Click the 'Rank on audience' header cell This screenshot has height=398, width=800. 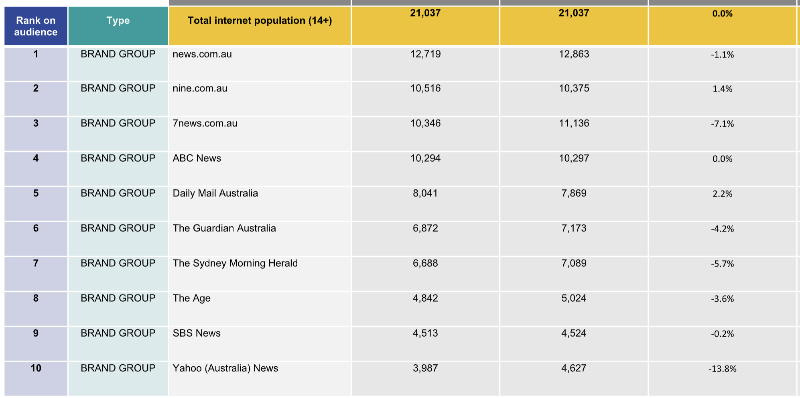pos(36,26)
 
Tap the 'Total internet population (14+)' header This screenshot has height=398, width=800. pos(260,20)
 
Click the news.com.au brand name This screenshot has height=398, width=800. pos(202,54)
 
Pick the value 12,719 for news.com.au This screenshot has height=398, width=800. pos(425,54)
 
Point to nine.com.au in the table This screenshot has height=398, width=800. pos(200,88)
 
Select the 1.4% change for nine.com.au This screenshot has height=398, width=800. pos(722,89)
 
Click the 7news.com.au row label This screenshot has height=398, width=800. pos(205,123)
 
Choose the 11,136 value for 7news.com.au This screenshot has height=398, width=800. pos(574,123)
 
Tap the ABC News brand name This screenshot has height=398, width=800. pos(197,158)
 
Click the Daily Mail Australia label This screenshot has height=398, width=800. pos(215,193)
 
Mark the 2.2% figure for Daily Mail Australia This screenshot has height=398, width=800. pos(722,194)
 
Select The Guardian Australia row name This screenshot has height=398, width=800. pos(224,228)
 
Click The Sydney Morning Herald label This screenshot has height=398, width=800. pos(235,263)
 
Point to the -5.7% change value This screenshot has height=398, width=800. pos(722,264)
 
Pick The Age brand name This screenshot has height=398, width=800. pos(191,298)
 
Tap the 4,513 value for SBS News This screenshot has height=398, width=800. pos(425,333)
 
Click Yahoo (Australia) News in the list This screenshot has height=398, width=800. pos(225,368)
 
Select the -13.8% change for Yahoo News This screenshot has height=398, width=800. pos(722,369)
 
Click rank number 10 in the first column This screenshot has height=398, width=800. pos(36,368)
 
